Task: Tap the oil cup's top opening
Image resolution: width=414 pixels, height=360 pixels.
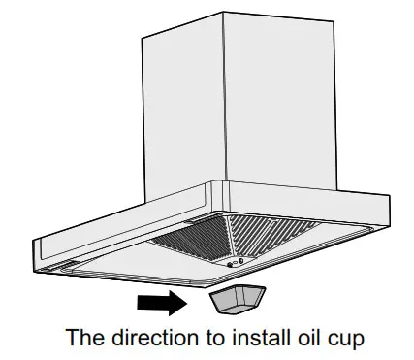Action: click(x=234, y=293)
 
